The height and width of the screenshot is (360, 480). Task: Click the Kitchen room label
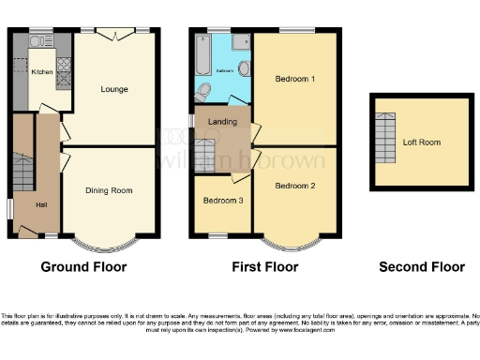pyautogui.click(x=41, y=71)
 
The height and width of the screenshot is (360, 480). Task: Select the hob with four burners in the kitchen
pyautogui.click(x=64, y=65)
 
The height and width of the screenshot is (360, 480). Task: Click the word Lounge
pyautogui.click(x=114, y=89)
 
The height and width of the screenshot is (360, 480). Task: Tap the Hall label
pyautogui.click(x=41, y=204)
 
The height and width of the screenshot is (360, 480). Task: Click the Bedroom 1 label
pyautogui.click(x=294, y=80)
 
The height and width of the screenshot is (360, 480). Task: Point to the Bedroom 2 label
pyautogui.click(x=294, y=186)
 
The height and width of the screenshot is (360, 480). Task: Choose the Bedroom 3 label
pyautogui.click(x=222, y=201)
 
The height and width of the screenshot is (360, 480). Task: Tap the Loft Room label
pyautogui.click(x=422, y=143)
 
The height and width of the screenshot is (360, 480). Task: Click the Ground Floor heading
pyautogui.click(x=83, y=267)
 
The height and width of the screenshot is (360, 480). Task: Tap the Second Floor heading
pyautogui.click(x=421, y=267)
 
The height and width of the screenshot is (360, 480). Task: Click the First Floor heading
pyautogui.click(x=265, y=267)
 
